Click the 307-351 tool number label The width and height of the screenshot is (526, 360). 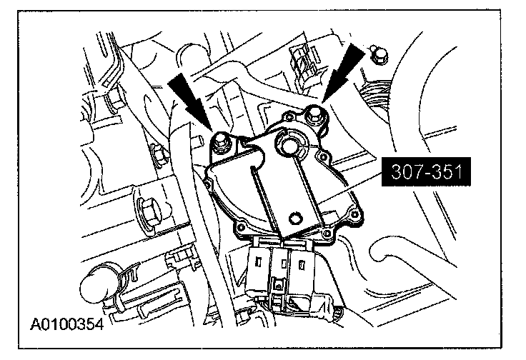click(426, 171)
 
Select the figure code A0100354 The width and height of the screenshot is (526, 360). click(67, 324)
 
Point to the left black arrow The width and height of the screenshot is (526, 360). click(191, 100)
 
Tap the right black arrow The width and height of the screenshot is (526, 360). click(343, 72)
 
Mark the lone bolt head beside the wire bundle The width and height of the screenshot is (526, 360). click(379, 54)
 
